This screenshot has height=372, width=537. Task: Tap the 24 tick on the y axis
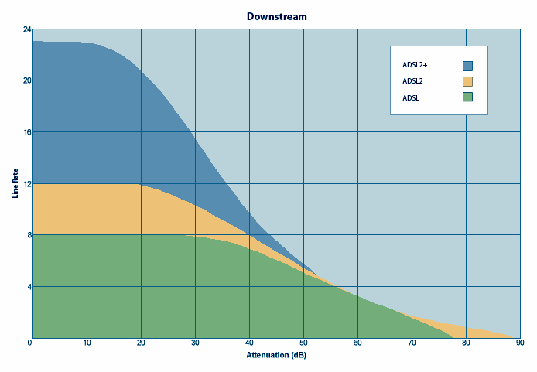point(27,29)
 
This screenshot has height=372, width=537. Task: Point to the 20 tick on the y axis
point(27,80)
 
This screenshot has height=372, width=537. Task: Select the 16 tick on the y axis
point(27,132)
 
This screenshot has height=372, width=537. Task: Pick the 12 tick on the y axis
point(27,184)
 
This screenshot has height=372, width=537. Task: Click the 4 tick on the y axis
point(29,287)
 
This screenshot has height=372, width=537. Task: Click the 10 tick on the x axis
point(87,343)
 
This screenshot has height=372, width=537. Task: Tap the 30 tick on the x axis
point(195,343)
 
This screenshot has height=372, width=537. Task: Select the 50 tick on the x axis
point(303,343)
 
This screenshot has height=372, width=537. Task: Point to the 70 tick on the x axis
point(412,343)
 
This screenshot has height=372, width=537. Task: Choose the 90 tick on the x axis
point(520,343)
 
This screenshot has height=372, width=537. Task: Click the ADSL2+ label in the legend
point(416,66)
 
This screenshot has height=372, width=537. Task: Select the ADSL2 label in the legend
point(413,81)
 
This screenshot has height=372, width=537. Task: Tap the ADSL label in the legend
point(411,97)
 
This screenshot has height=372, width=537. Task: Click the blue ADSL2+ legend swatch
point(467,66)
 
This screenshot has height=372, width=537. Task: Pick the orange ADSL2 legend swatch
point(467,81)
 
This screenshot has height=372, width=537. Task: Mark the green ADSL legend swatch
point(467,97)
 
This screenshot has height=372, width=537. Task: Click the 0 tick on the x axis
point(31,343)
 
